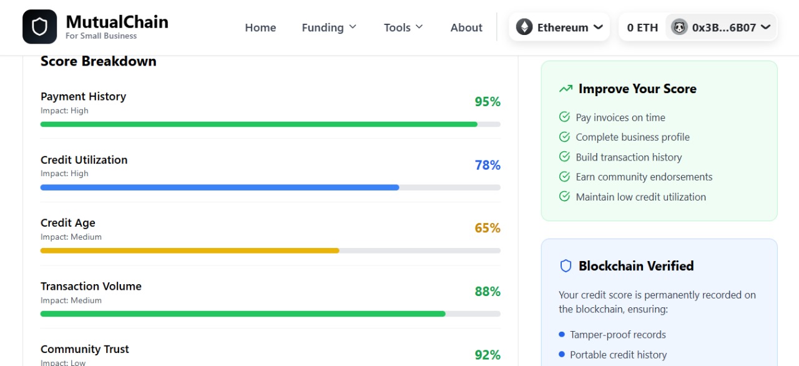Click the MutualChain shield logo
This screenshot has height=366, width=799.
click(40, 27)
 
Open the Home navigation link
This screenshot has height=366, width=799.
click(260, 27)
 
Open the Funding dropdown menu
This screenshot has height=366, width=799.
click(329, 27)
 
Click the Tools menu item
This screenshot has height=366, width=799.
click(403, 27)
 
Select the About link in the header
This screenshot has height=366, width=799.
click(466, 27)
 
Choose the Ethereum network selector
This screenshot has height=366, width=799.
click(559, 27)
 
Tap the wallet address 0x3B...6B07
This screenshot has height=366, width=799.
click(721, 27)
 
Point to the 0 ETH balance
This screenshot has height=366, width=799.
click(642, 27)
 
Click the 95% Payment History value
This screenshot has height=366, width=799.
click(488, 102)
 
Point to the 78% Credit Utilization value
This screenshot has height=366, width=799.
click(488, 165)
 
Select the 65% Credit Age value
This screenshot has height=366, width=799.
click(488, 228)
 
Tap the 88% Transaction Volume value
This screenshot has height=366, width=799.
click(488, 292)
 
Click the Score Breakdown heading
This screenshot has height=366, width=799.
click(99, 61)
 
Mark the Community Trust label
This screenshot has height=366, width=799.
click(85, 349)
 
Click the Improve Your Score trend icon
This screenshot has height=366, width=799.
click(566, 89)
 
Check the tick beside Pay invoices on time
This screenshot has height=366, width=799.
click(564, 117)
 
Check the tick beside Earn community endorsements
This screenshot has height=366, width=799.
click(564, 177)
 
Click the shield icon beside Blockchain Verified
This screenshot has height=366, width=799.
click(566, 266)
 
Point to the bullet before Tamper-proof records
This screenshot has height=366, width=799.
click(562, 335)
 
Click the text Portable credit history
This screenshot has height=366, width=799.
click(618, 355)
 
